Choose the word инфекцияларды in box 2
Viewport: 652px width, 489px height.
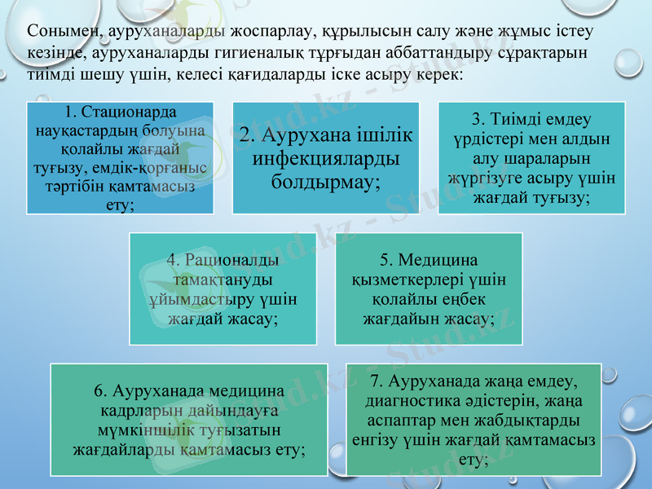(327, 157)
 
